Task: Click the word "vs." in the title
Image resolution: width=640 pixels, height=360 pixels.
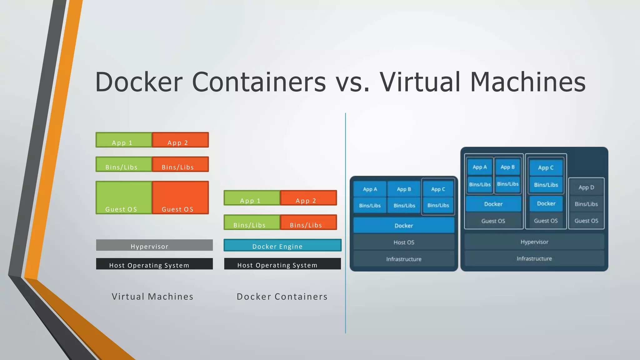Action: [x=353, y=82]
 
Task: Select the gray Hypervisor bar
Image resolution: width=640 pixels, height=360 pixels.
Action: [x=154, y=245]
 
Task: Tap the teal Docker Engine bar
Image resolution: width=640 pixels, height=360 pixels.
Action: [x=282, y=245]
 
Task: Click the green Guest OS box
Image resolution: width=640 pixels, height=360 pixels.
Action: [x=124, y=197]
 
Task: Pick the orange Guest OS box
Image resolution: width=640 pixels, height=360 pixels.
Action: [x=180, y=197]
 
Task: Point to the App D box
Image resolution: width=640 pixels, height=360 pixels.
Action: [x=586, y=187]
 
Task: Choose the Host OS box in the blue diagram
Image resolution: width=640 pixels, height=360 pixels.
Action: [x=404, y=242]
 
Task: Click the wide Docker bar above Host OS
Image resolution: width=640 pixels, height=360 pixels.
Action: [x=404, y=225]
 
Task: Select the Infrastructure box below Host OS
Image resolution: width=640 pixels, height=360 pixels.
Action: [x=404, y=259]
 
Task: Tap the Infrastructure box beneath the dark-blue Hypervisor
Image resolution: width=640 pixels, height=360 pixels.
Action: [x=534, y=259]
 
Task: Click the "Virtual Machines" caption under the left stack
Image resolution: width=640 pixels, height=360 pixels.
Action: [x=152, y=297]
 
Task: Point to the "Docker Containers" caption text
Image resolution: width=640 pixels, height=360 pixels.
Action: [x=282, y=297]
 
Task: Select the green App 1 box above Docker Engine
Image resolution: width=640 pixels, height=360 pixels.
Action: [x=252, y=198]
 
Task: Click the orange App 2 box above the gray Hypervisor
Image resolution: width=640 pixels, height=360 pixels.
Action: [x=180, y=140]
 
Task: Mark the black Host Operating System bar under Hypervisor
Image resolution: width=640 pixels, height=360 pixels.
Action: [x=154, y=264]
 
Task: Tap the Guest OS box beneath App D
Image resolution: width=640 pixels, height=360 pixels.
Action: [x=586, y=221]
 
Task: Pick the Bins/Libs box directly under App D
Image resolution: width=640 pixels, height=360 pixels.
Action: [x=586, y=204]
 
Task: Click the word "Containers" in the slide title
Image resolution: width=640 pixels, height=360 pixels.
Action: [x=259, y=82]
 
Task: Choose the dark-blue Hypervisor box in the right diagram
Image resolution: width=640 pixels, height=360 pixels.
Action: [x=534, y=242]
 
